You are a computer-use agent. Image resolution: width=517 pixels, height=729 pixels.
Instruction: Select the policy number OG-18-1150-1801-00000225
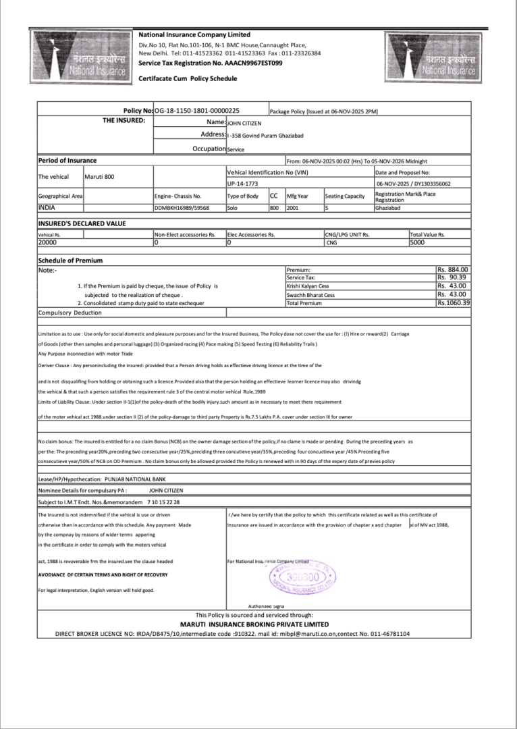click(x=197, y=110)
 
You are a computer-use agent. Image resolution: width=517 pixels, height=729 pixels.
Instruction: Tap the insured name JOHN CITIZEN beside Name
click(x=244, y=124)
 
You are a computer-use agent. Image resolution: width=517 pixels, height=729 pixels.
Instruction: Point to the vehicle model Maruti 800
click(x=99, y=177)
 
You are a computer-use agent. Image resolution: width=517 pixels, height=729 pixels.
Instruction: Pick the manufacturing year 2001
click(x=292, y=209)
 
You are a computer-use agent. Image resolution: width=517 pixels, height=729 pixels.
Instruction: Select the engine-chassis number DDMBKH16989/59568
click(x=182, y=209)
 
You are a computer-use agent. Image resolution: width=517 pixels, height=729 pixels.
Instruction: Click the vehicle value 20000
click(x=47, y=242)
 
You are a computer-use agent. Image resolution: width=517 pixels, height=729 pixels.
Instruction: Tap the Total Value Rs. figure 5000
click(x=418, y=242)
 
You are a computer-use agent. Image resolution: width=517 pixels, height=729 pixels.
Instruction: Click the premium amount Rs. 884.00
click(x=453, y=269)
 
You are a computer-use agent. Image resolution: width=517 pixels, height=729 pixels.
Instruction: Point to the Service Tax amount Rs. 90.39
click(x=452, y=277)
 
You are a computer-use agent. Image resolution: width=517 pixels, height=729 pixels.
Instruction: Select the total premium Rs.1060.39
click(x=453, y=303)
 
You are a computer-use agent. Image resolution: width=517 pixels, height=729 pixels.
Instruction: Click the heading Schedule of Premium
click(x=70, y=261)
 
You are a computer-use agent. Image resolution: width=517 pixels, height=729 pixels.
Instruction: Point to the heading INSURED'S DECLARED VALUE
click(x=82, y=223)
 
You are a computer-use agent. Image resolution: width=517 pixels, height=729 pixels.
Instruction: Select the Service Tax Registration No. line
click(x=210, y=62)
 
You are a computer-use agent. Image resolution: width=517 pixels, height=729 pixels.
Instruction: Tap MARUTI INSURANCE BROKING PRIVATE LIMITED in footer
click(x=254, y=624)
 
